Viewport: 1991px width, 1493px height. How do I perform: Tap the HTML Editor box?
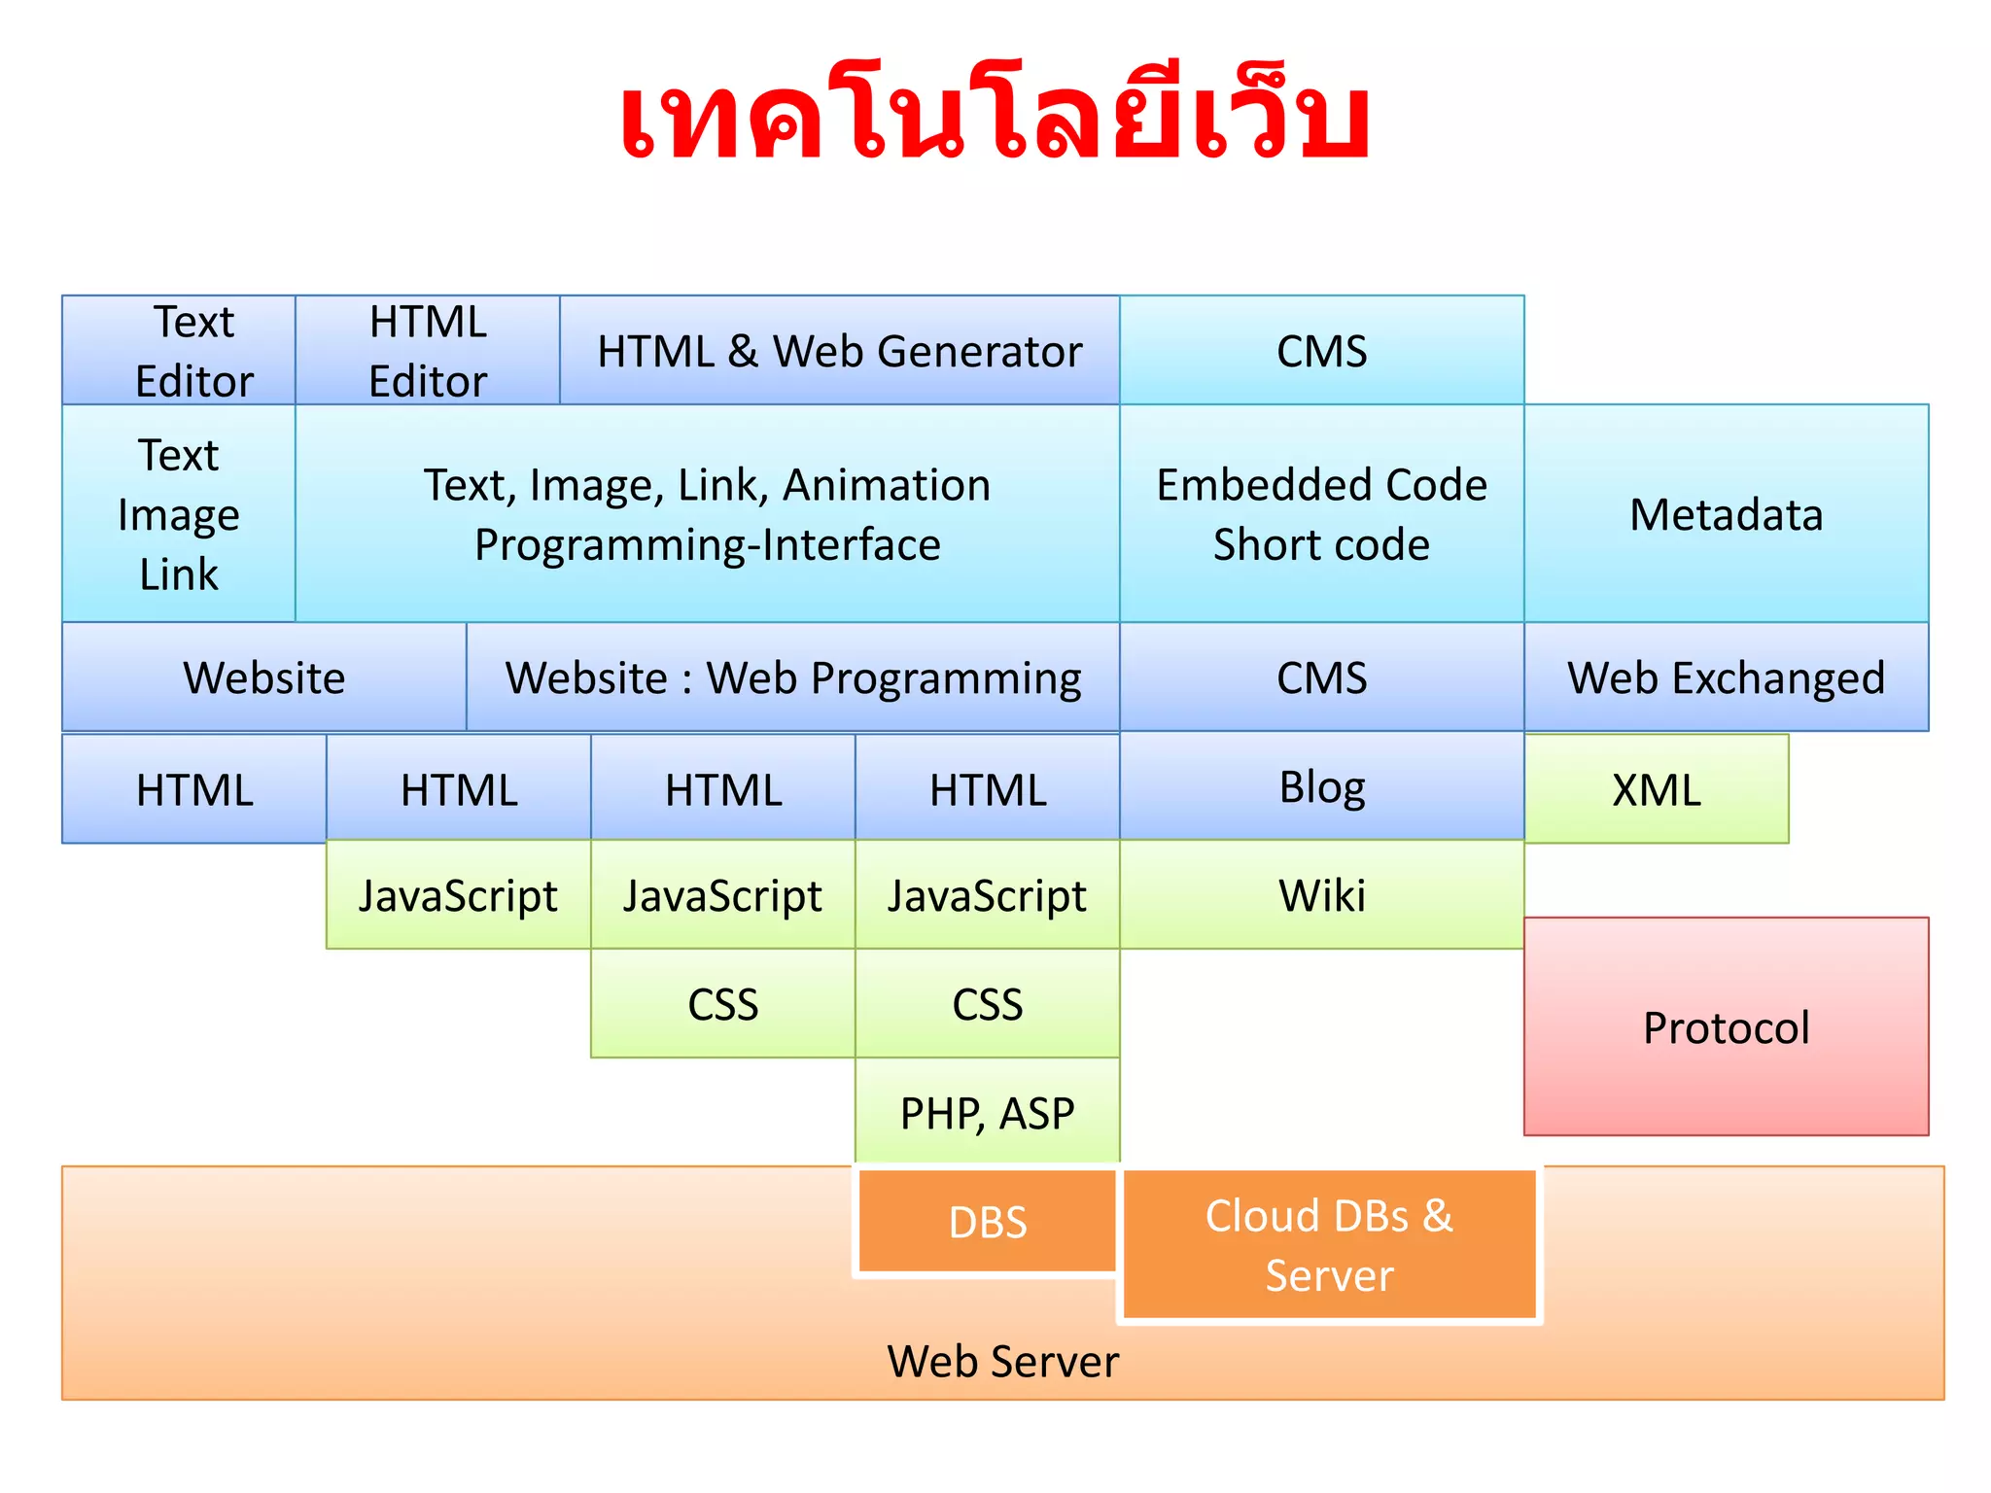coord(428,351)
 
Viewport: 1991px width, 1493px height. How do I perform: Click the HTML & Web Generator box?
coord(839,351)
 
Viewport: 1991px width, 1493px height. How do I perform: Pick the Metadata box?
coord(1726,514)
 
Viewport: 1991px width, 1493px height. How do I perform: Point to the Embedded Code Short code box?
coord(1321,514)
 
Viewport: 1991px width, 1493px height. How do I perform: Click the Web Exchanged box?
coord(1726,677)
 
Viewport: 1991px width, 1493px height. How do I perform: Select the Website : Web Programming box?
coord(793,677)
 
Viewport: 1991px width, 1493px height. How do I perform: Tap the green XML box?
coord(1656,789)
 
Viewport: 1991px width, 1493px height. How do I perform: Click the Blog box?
coord(1321,786)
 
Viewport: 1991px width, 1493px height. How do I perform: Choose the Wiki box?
coord(1321,895)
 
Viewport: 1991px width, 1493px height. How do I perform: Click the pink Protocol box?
coord(1726,1027)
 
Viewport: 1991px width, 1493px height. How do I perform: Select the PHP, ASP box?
coord(987,1112)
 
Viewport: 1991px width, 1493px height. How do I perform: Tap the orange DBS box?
coord(987,1222)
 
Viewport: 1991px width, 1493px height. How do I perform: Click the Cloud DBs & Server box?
coord(1329,1245)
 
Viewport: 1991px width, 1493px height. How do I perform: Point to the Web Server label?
coord(1002,1361)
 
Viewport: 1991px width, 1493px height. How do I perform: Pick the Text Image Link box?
coord(179,514)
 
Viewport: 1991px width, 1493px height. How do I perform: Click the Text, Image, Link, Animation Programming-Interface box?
coord(708,514)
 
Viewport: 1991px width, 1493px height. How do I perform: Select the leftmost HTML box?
coord(194,789)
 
